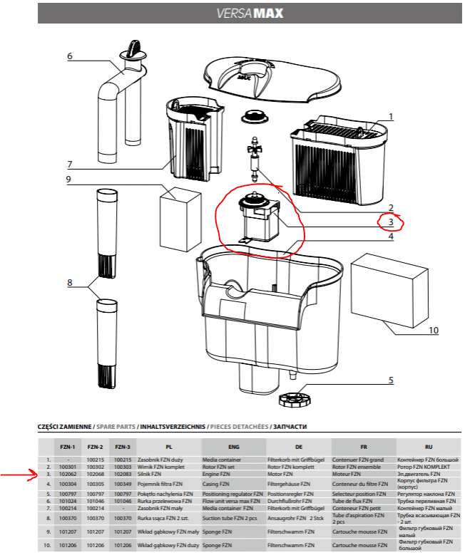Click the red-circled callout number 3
391,222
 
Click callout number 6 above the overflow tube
70,56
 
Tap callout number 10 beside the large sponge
433,331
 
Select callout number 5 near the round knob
391,380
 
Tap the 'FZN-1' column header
68,447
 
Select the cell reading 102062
68,474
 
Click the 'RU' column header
428,447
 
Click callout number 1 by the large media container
391,116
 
